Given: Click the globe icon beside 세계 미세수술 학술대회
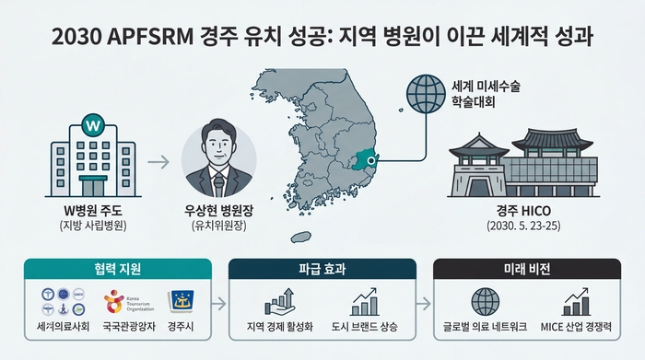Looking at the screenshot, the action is tap(427, 95).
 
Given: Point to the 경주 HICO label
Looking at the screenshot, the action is tap(526, 208).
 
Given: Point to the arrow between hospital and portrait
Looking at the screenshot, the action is tap(159, 164).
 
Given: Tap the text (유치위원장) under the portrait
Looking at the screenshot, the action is tap(219, 226).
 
